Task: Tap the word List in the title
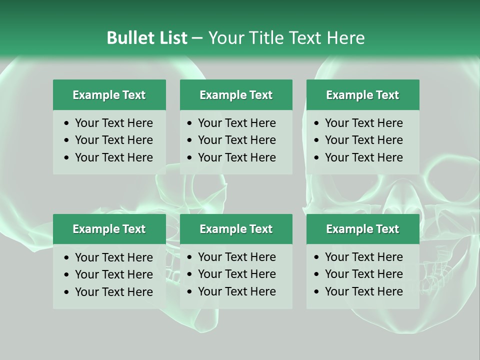172,38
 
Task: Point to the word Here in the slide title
345,38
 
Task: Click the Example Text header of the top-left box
109,95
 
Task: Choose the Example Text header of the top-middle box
236,95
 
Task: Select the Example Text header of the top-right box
362,95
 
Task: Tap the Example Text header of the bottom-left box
109,229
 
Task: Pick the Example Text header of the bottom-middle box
236,229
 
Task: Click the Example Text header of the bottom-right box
362,229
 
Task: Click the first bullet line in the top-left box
113,123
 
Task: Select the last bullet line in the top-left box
113,157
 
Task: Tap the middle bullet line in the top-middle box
236,140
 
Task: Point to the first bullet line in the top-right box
363,123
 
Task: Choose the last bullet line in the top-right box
363,157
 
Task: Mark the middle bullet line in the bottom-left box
113,274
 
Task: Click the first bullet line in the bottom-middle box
236,257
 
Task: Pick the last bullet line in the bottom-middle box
236,291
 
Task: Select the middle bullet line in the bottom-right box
363,274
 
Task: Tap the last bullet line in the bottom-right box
363,291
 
